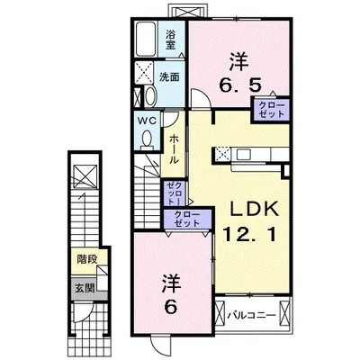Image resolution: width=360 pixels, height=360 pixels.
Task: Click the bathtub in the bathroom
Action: coord(147,40)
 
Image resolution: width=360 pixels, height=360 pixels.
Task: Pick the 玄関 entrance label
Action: coord(85,288)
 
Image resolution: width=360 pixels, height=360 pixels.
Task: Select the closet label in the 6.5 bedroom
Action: coord(270,109)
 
